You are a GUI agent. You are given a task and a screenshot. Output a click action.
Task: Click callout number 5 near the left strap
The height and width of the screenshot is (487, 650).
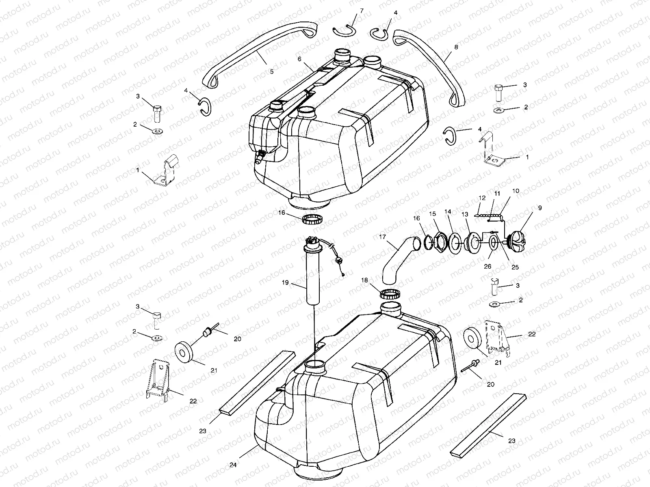point(271,72)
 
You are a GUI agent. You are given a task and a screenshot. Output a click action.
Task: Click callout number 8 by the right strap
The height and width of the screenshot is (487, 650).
point(456,47)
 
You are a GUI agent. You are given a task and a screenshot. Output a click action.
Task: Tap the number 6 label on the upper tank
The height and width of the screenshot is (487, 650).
point(299,59)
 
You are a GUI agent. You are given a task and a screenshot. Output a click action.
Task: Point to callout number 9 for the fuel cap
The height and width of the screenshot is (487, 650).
point(540,208)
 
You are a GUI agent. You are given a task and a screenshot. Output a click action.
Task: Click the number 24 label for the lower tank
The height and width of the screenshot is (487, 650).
point(233,465)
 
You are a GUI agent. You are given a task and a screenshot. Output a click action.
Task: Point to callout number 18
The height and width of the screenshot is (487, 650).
point(364,280)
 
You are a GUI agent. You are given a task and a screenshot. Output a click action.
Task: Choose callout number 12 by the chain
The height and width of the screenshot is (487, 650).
point(482,198)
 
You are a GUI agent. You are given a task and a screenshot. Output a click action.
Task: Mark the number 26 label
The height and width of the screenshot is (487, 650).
point(487,267)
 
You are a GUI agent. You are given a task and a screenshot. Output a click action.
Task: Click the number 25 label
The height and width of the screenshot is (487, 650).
point(515,267)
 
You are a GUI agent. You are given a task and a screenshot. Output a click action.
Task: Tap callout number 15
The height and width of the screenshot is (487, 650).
point(433,213)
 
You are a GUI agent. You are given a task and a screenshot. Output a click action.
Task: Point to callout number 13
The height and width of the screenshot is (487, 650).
point(465,214)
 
